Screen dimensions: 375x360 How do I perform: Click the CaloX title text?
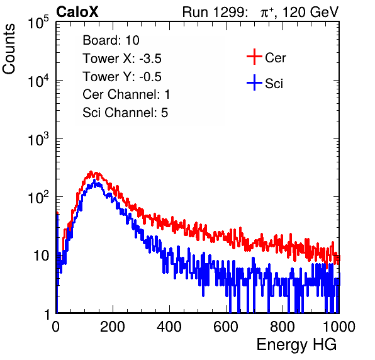coord(77,12)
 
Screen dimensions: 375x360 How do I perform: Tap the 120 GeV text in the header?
coord(310,12)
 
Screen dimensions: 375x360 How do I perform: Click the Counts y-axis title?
coord(9,49)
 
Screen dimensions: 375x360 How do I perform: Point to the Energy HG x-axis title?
coord(296,345)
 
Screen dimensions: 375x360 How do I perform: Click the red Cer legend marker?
coord(254,57)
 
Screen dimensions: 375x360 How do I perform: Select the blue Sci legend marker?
coord(254,83)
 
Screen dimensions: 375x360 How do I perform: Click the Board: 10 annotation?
coord(111,40)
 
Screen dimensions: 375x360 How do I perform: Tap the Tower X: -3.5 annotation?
coord(122,59)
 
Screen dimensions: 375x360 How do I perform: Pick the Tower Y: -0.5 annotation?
coord(122,77)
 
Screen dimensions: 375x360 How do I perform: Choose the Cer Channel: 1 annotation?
coord(126,94)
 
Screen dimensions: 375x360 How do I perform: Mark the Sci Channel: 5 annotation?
coord(125,113)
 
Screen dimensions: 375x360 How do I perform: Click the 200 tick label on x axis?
coord(113,327)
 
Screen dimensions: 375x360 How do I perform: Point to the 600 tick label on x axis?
coord(226,327)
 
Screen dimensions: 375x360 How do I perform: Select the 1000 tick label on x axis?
coord(339,327)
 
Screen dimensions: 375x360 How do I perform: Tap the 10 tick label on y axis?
coord(42,256)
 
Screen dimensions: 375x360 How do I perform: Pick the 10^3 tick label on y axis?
coord(38,138)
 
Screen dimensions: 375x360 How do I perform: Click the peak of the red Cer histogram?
coord(91,172)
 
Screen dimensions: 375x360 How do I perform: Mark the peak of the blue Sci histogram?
coord(94,180)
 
